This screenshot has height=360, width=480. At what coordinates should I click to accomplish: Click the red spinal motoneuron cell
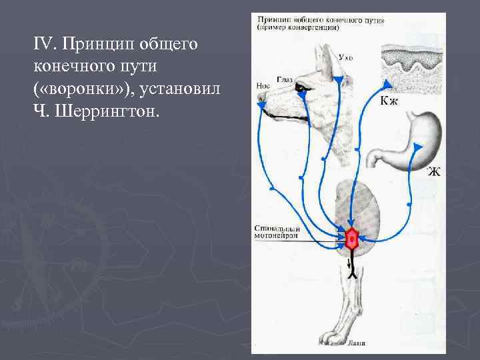351,238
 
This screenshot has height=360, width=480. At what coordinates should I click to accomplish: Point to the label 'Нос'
262,86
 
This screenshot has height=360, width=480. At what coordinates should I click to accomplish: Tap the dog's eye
304,88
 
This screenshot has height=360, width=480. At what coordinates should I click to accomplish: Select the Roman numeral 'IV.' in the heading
45,44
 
